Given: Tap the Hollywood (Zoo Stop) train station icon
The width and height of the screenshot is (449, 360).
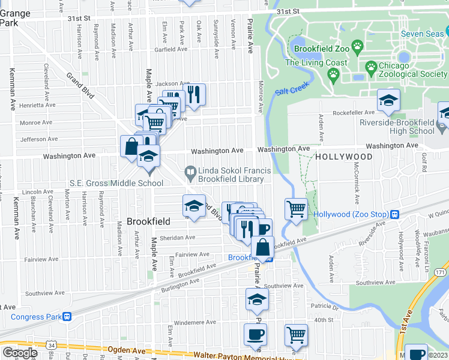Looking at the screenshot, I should (395, 215).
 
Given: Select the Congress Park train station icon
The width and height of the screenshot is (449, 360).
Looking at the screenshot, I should (67, 317).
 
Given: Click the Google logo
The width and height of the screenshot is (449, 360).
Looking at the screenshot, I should (20, 353).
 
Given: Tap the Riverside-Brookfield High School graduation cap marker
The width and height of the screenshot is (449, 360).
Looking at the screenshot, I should (388, 101).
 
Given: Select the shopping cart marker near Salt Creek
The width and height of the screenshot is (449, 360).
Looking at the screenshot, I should (296, 209).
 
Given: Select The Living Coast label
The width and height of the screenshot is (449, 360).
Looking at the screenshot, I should (316, 63).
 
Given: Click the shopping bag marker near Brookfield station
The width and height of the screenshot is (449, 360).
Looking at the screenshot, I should (262, 246).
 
